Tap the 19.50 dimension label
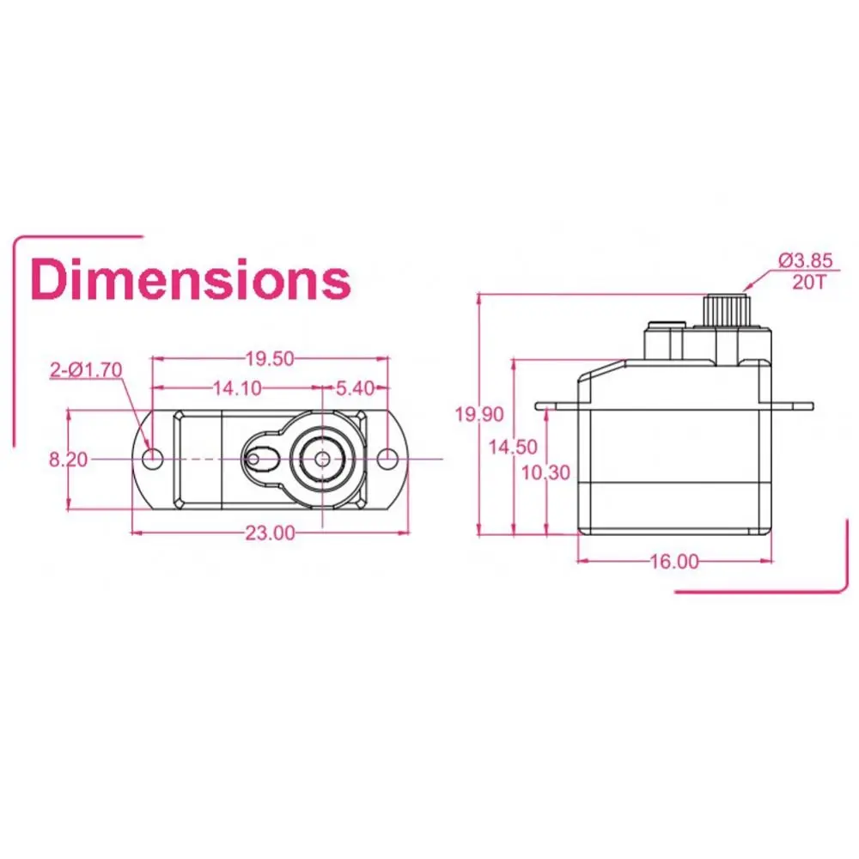click(x=270, y=357)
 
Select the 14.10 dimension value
click(x=237, y=388)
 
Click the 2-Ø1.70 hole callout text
click(x=86, y=370)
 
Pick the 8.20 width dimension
click(x=68, y=460)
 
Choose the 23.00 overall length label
click(x=270, y=533)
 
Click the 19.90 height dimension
click(x=478, y=415)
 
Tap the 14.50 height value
click(x=513, y=447)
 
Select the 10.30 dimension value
click(x=545, y=472)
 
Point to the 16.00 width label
click(x=674, y=562)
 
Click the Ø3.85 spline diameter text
click(x=805, y=259)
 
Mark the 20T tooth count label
click(x=808, y=280)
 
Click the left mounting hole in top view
click(x=153, y=459)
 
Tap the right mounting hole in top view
click(x=387, y=459)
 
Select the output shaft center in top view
click(x=321, y=458)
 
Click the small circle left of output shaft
click(x=253, y=459)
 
